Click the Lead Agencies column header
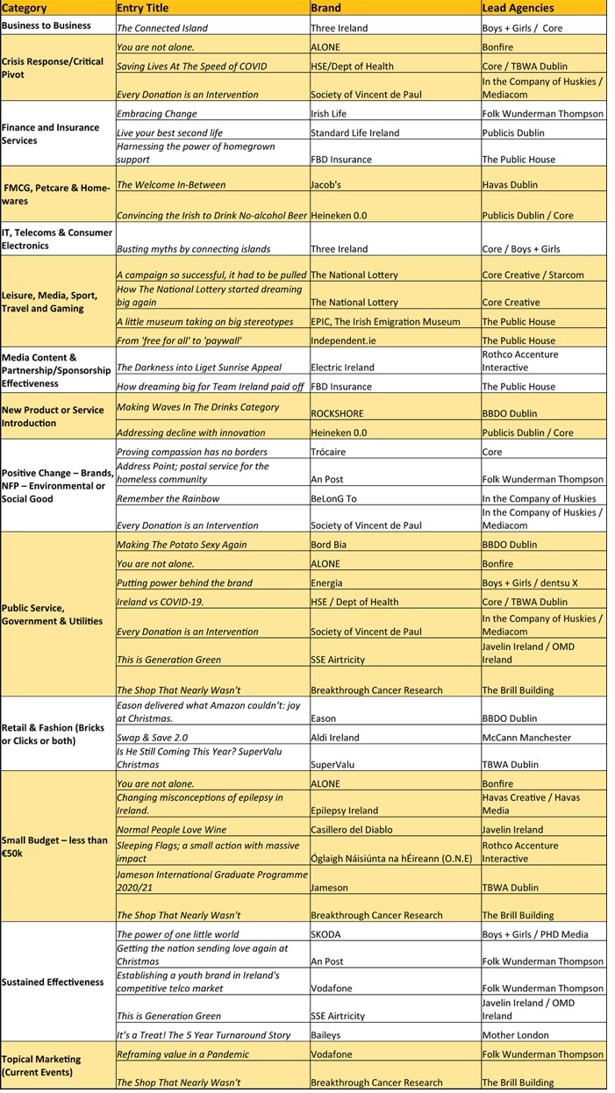click(x=518, y=8)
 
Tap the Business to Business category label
click(x=46, y=25)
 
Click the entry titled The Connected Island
click(x=162, y=28)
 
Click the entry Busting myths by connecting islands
click(x=193, y=249)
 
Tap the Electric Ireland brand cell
click(x=342, y=368)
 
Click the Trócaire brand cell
click(x=329, y=452)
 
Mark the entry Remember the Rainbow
click(x=168, y=498)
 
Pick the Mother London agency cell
click(x=516, y=1035)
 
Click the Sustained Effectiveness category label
click(x=53, y=982)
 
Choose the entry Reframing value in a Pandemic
click(x=182, y=1054)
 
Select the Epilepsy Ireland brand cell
click(x=345, y=811)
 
